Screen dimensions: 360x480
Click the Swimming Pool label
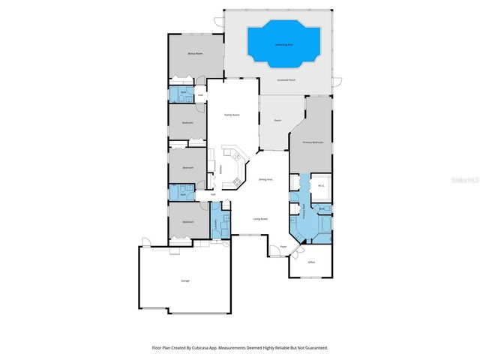tap(283, 44)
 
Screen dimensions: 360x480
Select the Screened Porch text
tap(286, 79)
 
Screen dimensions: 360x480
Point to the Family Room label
tap(232, 115)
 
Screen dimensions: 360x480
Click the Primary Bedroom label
tap(313, 142)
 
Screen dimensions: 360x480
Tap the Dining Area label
tap(265, 180)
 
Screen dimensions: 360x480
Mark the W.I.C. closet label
tap(321, 185)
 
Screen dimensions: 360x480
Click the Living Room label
tap(260, 219)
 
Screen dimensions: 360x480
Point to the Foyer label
tap(283, 246)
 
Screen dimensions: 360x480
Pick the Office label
tap(310, 262)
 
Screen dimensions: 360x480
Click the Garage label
tap(184, 280)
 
